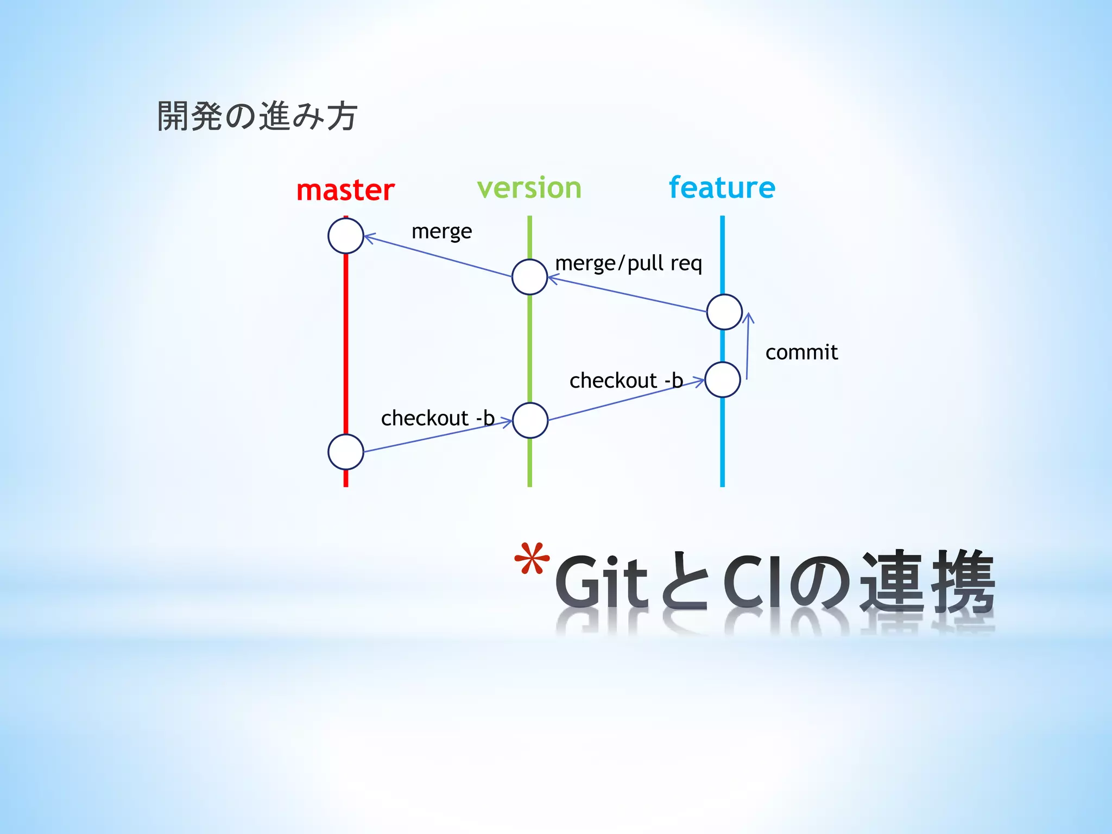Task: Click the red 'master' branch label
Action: point(345,191)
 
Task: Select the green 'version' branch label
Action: point(529,188)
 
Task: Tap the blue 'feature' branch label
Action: point(722,188)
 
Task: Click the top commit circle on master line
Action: point(346,236)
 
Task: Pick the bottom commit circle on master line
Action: point(346,452)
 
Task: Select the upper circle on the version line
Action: point(529,277)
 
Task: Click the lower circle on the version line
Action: point(530,420)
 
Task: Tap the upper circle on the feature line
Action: point(724,312)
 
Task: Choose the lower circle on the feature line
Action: point(723,380)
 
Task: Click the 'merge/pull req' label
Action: point(628,263)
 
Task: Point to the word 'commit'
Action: point(801,352)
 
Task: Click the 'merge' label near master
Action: point(441,232)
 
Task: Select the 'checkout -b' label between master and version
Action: point(438,418)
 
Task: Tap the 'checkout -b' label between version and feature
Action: point(625,381)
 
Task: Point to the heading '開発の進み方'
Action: point(257,116)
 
